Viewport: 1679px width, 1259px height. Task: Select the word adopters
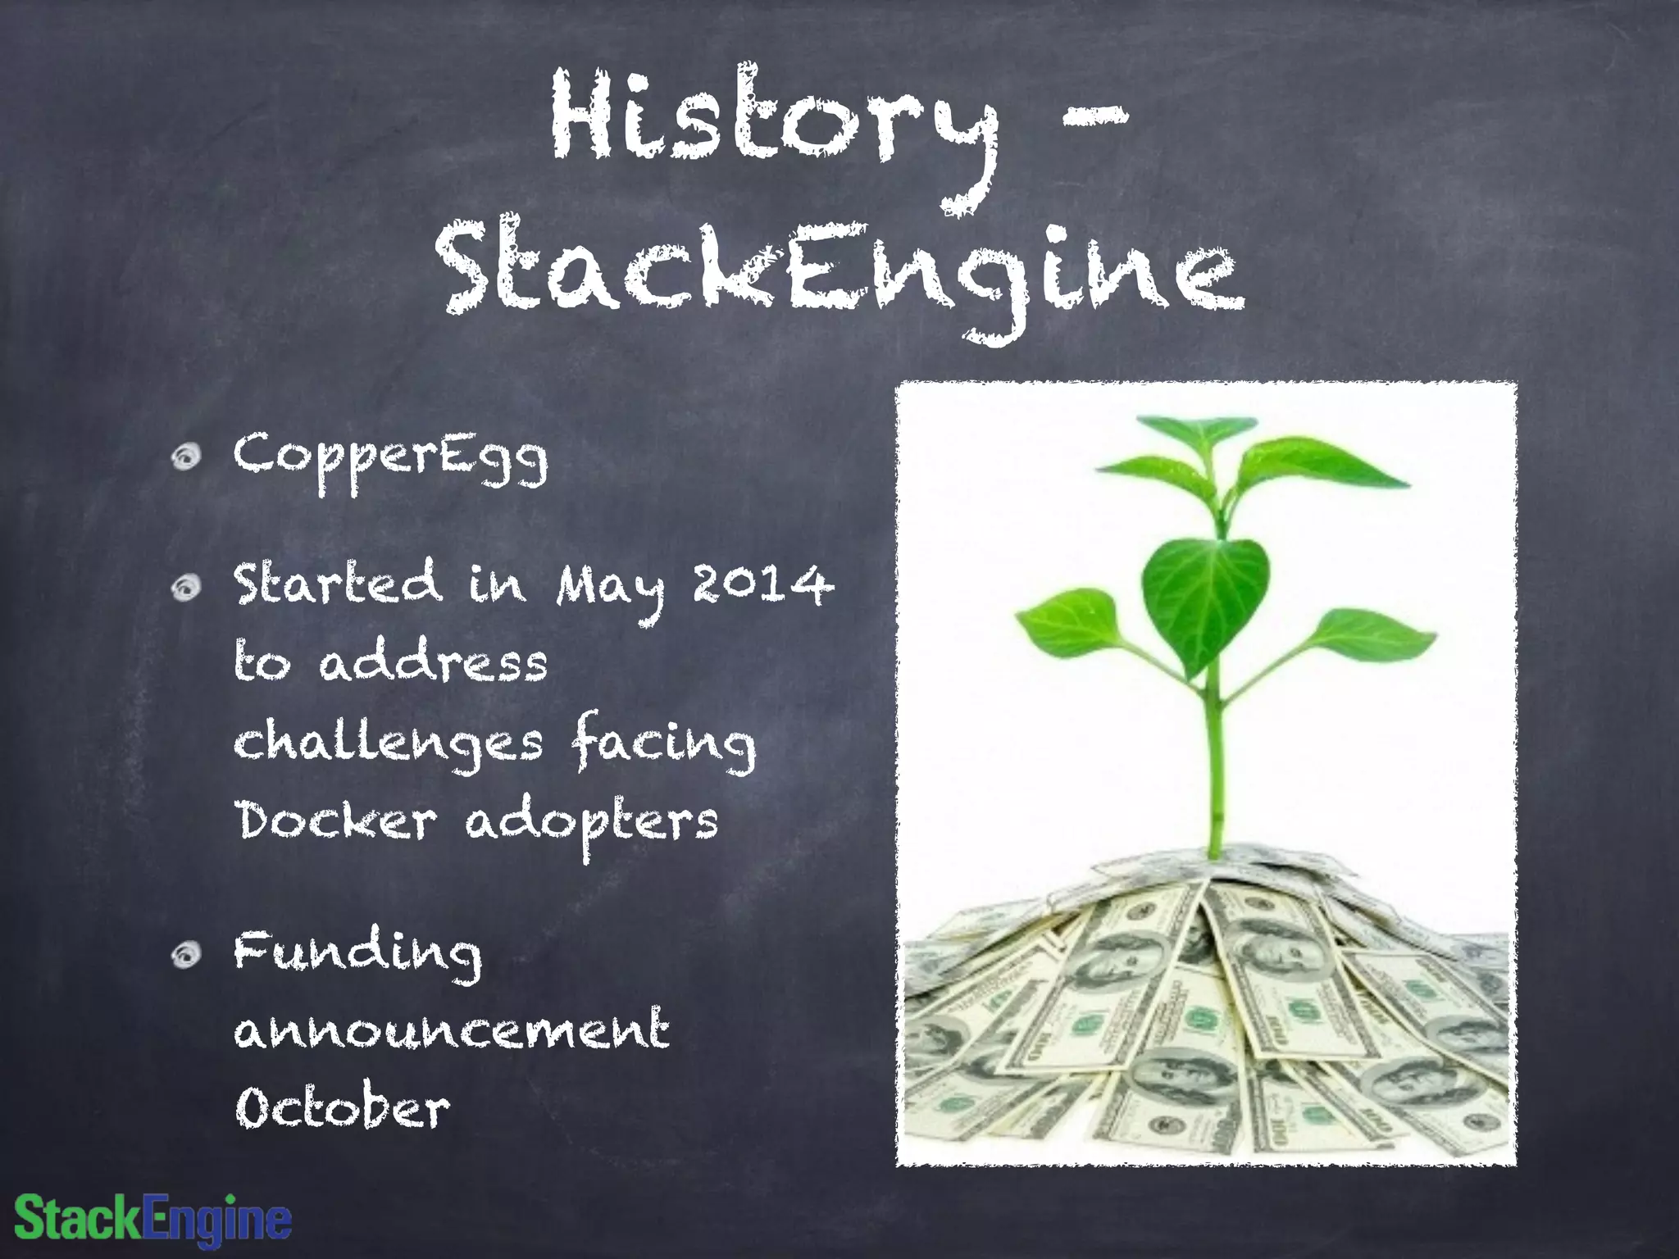coord(592,822)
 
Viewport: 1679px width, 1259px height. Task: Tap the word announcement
coord(452,1030)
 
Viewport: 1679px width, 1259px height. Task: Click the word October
coord(343,1108)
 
